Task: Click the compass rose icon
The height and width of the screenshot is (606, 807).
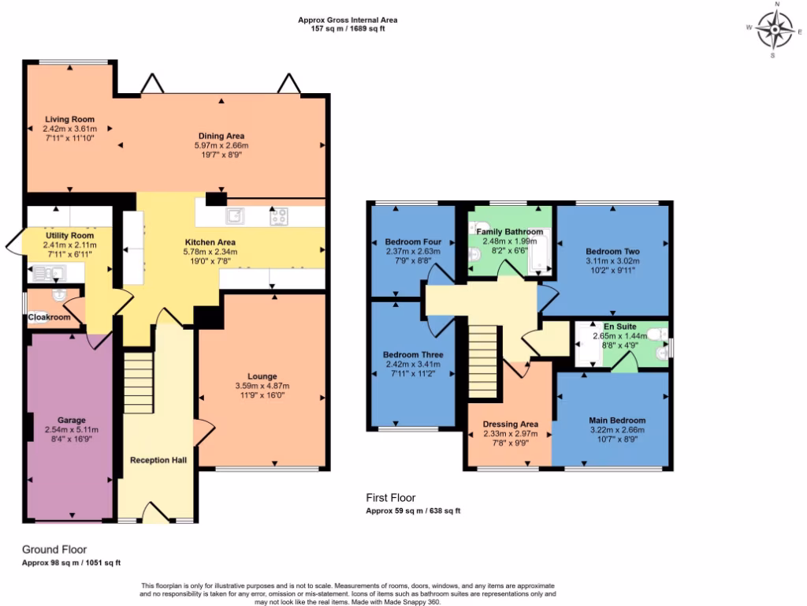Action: click(x=775, y=32)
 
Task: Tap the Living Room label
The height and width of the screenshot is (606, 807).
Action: click(x=70, y=118)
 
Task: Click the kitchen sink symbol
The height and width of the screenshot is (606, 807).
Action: click(x=236, y=215)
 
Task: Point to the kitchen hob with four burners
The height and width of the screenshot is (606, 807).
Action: click(x=278, y=215)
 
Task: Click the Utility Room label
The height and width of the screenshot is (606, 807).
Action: click(x=69, y=235)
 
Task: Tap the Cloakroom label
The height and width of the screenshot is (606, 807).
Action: click(x=49, y=317)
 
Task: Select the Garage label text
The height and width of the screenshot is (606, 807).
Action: click(x=71, y=420)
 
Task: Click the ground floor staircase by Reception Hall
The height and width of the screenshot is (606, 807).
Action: click(x=137, y=379)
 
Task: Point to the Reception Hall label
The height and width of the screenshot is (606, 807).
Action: click(x=158, y=459)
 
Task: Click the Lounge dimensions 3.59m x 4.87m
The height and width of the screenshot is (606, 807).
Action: click(x=262, y=386)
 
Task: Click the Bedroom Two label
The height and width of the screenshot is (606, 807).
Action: click(x=612, y=251)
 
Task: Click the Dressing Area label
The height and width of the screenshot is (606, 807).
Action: click(x=510, y=423)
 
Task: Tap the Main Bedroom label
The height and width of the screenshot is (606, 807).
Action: click(x=617, y=420)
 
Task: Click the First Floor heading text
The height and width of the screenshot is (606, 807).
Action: click(x=390, y=497)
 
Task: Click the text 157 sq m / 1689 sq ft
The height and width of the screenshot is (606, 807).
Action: click(x=348, y=28)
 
